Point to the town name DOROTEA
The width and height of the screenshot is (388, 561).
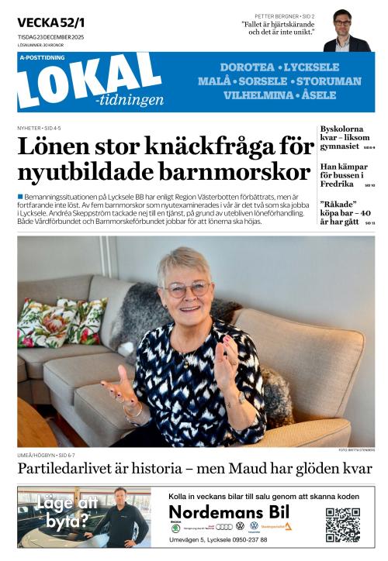248,67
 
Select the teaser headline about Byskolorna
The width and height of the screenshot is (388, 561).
345,137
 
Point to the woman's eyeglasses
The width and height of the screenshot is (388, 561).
186,289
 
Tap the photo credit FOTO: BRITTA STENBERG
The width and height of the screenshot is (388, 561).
356,450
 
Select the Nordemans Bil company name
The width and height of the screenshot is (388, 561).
229,512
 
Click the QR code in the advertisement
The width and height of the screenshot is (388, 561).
342,525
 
